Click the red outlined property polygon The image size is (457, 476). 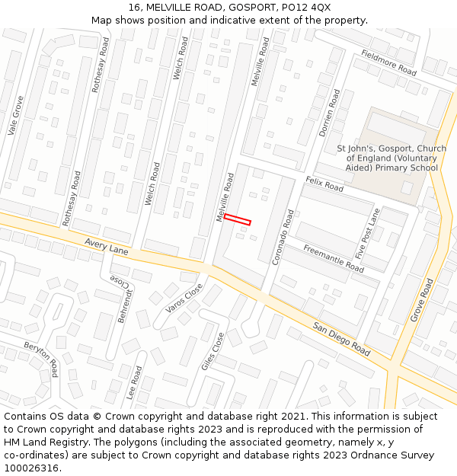click(x=237, y=219)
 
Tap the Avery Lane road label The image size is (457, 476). click(x=106, y=247)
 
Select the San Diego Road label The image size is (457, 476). click(x=341, y=338)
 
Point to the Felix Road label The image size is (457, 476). click(x=324, y=184)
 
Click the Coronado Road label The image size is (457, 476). click(x=283, y=237)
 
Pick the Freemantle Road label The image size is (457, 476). click(x=334, y=259)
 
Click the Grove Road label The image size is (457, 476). click(x=421, y=299)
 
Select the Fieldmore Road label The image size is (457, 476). click(x=389, y=62)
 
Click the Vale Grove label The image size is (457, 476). click(x=15, y=116)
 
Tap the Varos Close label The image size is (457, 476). click(x=184, y=298)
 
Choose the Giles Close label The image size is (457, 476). click(x=213, y=351)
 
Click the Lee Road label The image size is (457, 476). click(x=136, y=383)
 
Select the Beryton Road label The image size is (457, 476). click(x=41, y=359)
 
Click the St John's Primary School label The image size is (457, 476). click(x=391, y=158)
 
